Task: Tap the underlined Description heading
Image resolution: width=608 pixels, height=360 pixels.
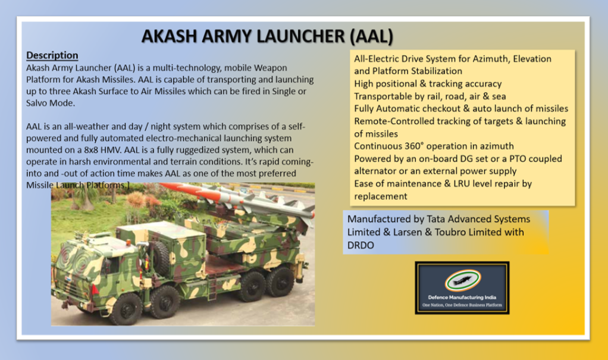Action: (52, 55)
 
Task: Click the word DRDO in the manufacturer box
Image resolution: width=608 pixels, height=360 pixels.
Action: (361, 245)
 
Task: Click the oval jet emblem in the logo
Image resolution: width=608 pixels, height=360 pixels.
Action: (462, 281)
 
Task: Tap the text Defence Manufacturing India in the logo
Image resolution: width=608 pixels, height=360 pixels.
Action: (462, 297)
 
